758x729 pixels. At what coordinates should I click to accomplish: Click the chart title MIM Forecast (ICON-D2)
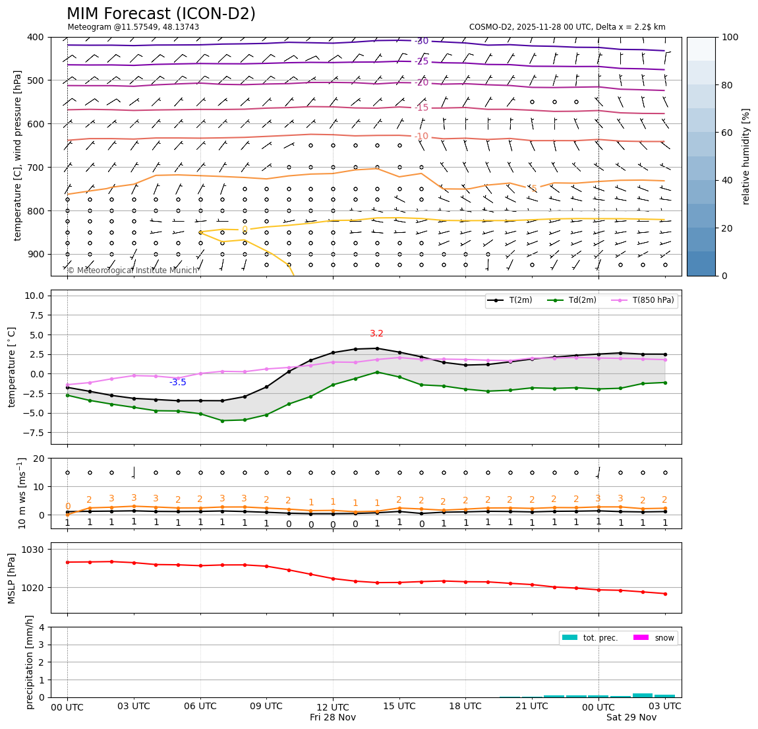click(x=161, y=14)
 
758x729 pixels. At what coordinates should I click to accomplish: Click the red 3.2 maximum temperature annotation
click(x=376, y=334)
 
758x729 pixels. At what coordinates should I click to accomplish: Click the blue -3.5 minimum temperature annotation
click(x=177, y=383)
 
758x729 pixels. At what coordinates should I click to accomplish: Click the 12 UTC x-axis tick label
click(x=333, y=706)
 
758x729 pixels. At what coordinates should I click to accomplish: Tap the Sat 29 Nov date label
click(x=631, y=717)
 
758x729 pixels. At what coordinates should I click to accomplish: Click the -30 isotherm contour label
click(x=421, y=41)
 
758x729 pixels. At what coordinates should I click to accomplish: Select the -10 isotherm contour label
click(x=421, y=137)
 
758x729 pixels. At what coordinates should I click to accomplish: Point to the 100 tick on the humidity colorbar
click(x=731, y=37)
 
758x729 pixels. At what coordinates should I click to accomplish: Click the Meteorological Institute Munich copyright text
click(x=132, y=270)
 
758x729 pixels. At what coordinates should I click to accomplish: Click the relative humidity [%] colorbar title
click(x=746, y=156)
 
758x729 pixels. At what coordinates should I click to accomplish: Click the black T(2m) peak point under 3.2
click(x=377, y=348)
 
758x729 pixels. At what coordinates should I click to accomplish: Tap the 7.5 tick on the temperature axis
click(x=36, y=315)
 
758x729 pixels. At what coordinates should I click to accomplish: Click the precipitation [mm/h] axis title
click(x=30, y=662)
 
